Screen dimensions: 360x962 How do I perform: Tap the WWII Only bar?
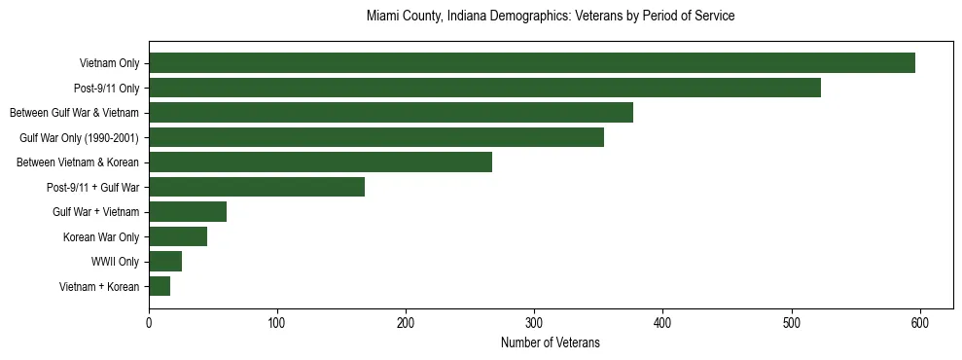[165, 262]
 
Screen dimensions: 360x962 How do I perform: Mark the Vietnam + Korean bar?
[160, 286]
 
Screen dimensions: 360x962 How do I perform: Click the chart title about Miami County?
[550, 17]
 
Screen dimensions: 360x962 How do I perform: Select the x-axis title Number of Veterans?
[550, 343]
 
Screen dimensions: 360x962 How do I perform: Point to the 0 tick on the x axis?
[149, 323]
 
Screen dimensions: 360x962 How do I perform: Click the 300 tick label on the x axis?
[534, 323]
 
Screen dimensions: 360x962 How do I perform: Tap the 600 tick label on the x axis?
[920, 323]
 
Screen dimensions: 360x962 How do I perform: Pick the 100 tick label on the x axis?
[277, 323]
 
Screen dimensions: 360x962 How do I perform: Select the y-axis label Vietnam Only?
[109, 63]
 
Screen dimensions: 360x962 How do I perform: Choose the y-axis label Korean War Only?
[101, 236]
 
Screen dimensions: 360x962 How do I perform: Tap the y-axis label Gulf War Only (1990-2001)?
[79, 137]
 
